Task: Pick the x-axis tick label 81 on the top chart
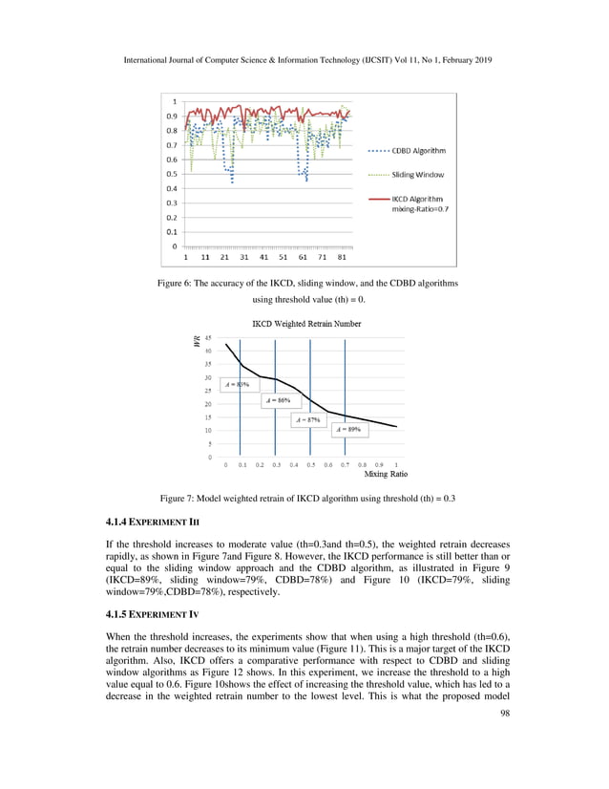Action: [343, 257]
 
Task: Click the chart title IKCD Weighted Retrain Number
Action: [305, 324]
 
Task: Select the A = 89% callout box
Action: [347, 431]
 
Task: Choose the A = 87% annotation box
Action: [307, 419]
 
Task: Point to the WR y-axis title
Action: [196, 341]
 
